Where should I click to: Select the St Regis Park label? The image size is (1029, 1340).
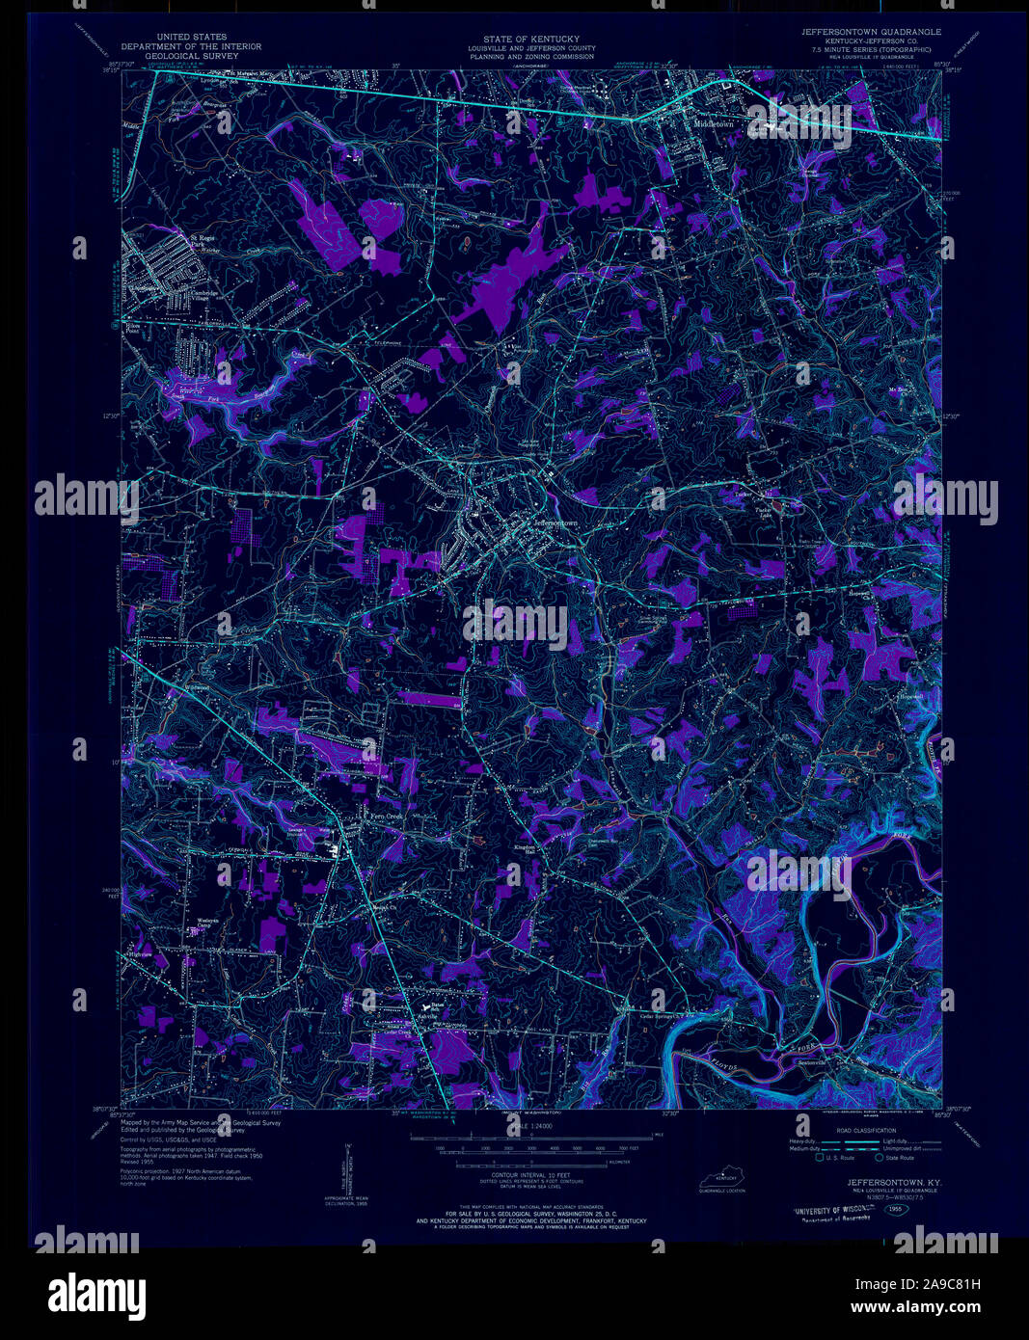203,240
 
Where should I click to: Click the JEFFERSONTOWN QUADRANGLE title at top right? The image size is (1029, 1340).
871,32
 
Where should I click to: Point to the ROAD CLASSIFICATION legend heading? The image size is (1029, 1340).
865,1131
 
